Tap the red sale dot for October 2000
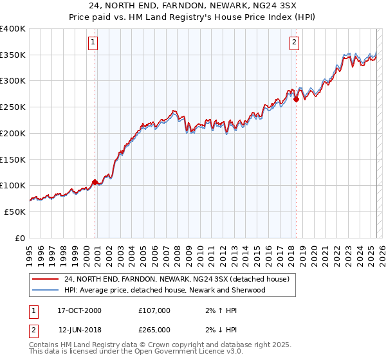pos(95,182)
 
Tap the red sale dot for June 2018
pos(296,99)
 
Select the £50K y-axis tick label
pos(15,212)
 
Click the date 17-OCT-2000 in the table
pos(80,310)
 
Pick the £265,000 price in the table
pos(154,330)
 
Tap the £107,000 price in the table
pos(154,310)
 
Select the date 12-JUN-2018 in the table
pos(80,330)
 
